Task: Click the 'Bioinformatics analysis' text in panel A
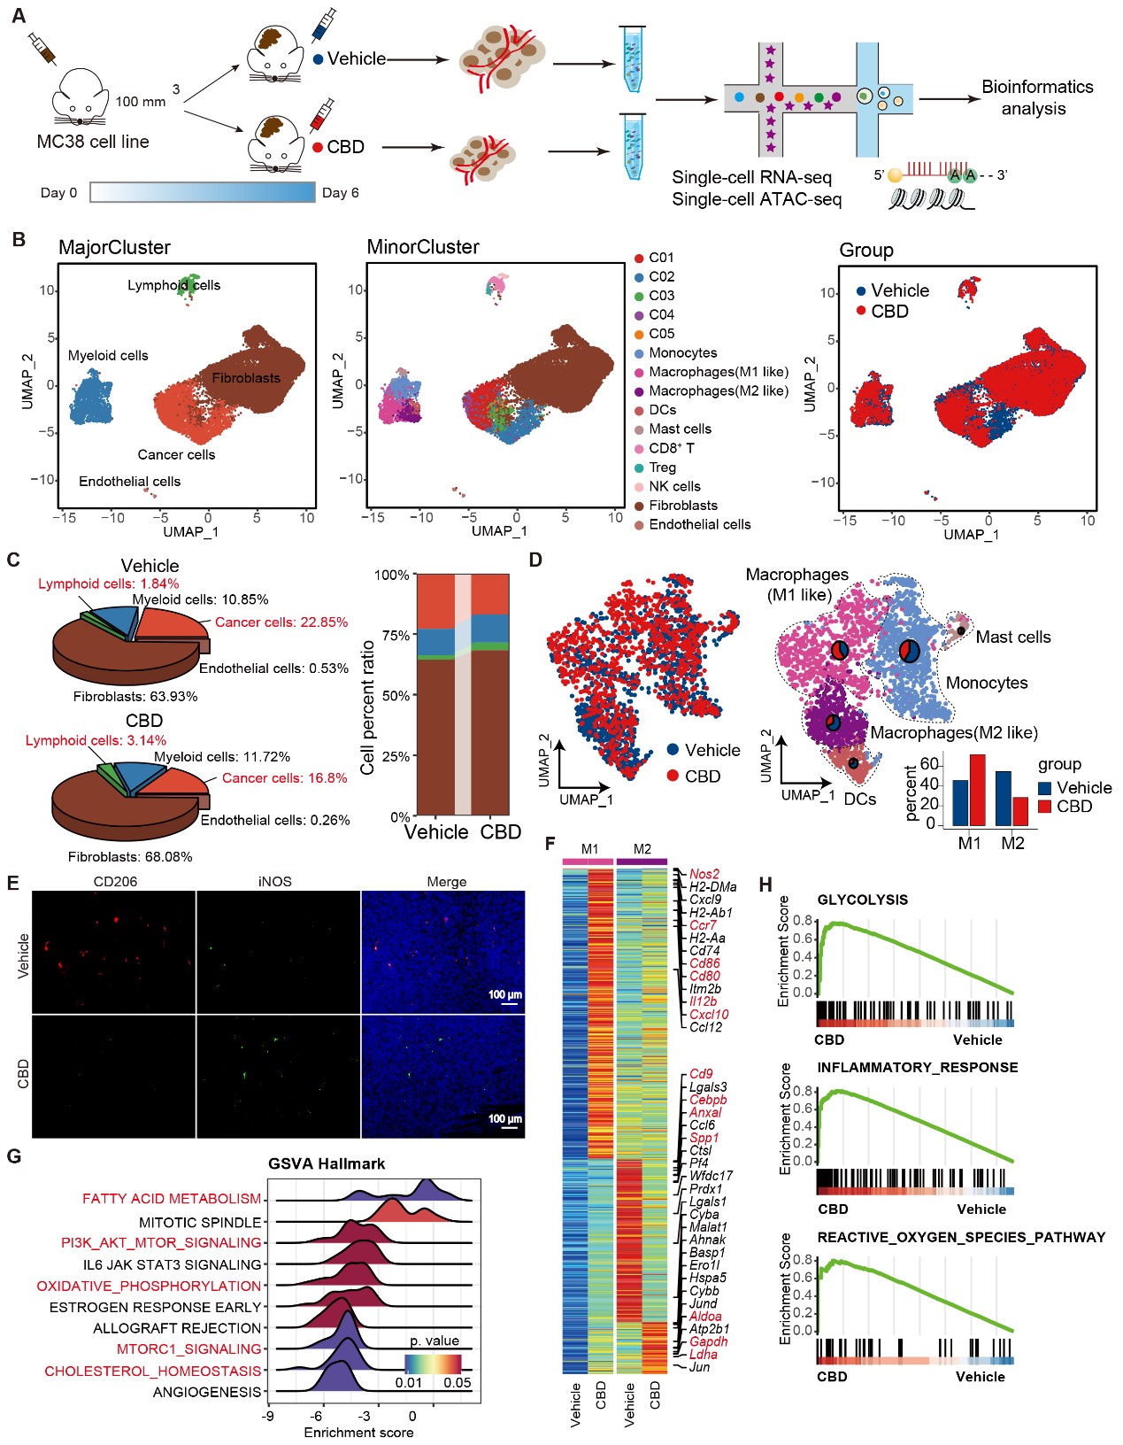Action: pyautogui.click(x=1036, y=97)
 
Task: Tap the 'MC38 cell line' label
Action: pyautogui.click(x=93, y=142)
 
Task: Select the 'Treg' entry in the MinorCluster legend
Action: pyautogui.click(x=662, y=467)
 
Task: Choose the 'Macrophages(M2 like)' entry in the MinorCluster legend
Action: pyautogui.click(x=718, y=391)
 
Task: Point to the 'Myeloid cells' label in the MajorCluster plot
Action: pyautogui.click(x=108, y=356)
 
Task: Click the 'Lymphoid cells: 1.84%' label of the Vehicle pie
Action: pyautogui.click(x=108, y=583)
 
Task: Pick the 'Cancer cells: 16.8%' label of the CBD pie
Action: pyautogui.click(x=284, y=778)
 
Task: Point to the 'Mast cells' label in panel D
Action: pyautogui.click(x=1012, y=637)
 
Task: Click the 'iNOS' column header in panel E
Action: pyautogui.click(x=275, y=882)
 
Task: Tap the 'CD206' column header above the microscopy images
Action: pyautogui.click(x=115, y=882)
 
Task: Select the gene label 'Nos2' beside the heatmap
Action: pyautogui.click(x=704, y=874)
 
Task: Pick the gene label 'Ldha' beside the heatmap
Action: pyautogui.click(x=704, y=1355)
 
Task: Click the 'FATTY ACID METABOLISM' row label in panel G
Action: pyautogui.click(x=172, y=1199)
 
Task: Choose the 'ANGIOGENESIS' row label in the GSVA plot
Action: pyautogui.click(x=207, y=1392)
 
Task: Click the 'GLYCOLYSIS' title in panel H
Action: pyautogui.click(x=862, y=900)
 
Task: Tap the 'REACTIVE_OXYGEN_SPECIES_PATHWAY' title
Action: pyautogui.click(x=961, y=1238)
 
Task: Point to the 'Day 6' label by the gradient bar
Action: pyautogui.click(x=340, y=193)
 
